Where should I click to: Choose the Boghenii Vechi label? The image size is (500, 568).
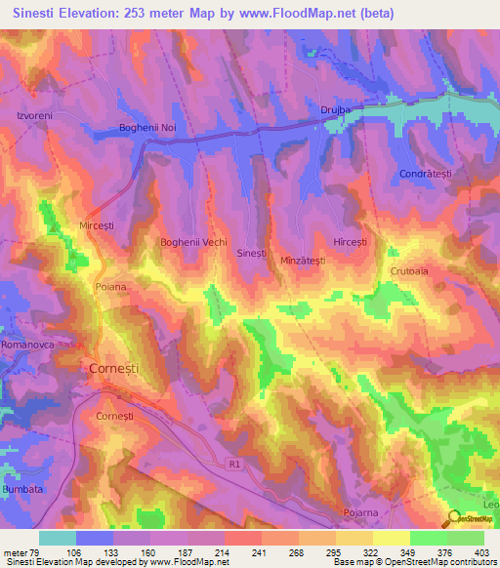193,241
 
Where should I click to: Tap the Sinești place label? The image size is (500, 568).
252,253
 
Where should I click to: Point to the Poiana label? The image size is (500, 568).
111,287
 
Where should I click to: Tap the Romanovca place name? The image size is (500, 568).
28,345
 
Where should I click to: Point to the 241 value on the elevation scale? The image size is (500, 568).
241,552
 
